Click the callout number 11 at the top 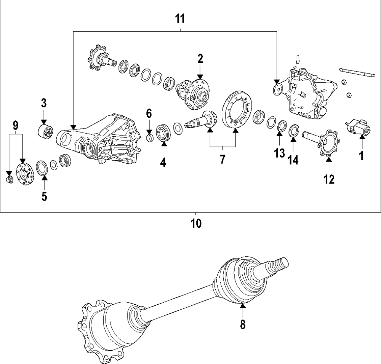coord(180,18)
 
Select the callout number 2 coord(200,59)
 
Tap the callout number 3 coord(44,103)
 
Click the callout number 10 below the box coord(196,223)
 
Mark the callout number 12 coord(329,179)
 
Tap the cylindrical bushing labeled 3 coord(46,131)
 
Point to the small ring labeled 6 coord(150,136)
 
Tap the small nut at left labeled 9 coord(10,178)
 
